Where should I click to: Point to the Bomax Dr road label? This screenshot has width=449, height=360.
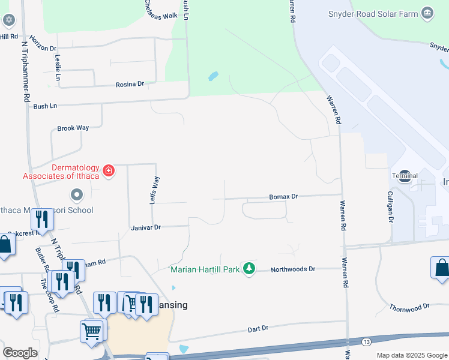pyautogui.click(x=283, y=196)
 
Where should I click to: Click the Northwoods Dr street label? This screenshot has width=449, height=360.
pyautogui.click(x=292, y=269)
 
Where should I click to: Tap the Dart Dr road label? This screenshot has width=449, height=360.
pyautogui.click(x=258, y=329)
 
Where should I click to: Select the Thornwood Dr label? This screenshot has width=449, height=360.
pyautogui.click(x=409, y=307)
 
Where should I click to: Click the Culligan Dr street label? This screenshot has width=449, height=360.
pyautogui.click(x=390, y=208)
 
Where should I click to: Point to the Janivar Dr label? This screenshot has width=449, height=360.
pyautogui.click(x=146, y=227)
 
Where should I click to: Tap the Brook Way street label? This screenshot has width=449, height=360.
pyautogui.click(x=73, y=128)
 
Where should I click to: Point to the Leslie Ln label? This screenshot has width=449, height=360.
pyautogui.click(x=58, y=68)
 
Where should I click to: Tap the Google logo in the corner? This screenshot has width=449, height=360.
pyautogui.click(x=20, y=352)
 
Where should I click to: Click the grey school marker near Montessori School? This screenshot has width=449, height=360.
pyautogui.click(x=76, y=195)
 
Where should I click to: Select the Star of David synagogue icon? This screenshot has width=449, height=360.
pyautogui.click(x=8, y=20)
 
